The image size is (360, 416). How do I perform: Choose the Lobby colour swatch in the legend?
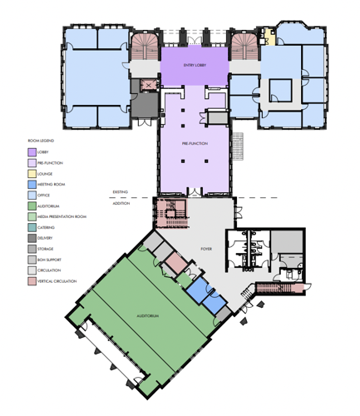(x=32, y=152)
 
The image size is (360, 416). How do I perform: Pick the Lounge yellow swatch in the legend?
(x=32, y=174)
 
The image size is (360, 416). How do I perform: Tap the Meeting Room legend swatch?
(x=32, y=184)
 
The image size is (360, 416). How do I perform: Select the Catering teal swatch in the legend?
(x=32, y=227)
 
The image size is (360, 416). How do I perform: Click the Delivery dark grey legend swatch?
(x=32, y=238)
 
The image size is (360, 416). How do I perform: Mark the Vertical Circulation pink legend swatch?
(x=32, y=281)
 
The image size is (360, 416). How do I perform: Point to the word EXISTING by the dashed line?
(x=121, y=192)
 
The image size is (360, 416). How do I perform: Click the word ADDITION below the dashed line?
(x=121, y=202)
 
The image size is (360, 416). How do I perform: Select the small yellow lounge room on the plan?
(x=268, y=36)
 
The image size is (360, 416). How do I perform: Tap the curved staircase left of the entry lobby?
(x=145, y=46)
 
